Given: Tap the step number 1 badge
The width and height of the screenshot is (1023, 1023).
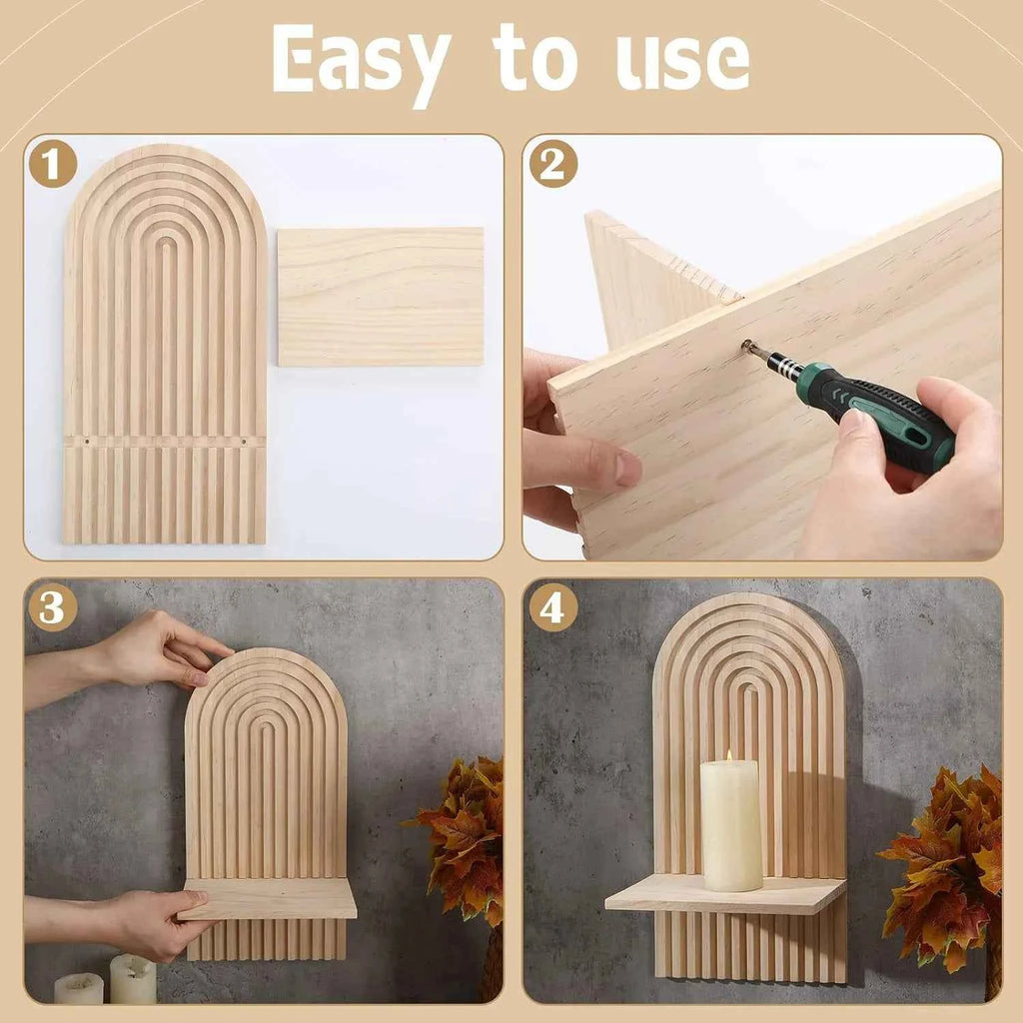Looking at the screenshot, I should click(52, 163).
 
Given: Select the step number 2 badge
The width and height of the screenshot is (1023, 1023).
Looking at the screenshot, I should click(552, 163).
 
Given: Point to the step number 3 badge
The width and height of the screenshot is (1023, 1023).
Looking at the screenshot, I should click(52, 606).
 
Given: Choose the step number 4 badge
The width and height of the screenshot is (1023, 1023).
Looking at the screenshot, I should click(552, 606).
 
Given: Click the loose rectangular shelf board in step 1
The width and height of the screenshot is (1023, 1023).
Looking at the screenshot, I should click(380, 297).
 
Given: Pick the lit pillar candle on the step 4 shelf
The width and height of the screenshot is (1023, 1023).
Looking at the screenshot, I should click(731, 826).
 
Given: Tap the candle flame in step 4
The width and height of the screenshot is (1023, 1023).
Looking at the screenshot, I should click(730, 757).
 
